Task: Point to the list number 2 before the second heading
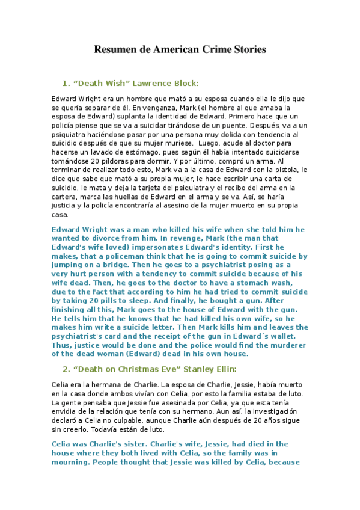point(66,369)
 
